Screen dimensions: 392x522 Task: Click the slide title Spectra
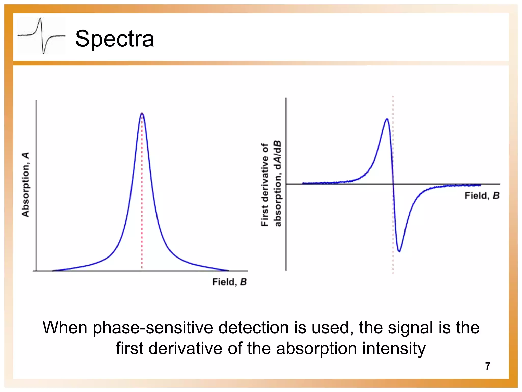(114, 39)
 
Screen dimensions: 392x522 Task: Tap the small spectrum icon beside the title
(41, 36)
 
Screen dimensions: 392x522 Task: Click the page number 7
(488, 366)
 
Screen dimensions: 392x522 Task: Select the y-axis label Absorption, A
(25, 185)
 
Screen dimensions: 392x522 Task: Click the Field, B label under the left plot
(229, 282)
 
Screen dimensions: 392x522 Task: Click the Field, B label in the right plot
(482, 196)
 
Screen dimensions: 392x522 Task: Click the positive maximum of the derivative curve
(387, 119)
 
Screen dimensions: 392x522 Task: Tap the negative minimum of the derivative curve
(399, 251)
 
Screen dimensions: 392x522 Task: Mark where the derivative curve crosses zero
(393, 184)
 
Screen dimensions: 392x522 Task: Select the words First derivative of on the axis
(265, 185)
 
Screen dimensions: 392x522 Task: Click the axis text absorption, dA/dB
(277, 183)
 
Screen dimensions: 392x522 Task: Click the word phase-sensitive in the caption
(153, 328)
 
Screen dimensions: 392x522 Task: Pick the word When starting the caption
(65, 328)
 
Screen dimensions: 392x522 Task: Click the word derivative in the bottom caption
(185, 349)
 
